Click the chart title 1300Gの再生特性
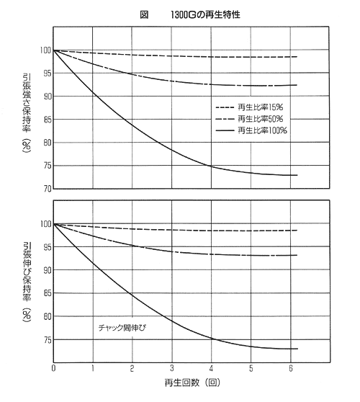(x=205, y=15)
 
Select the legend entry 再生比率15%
(x=261, y=107)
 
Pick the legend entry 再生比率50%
(x=261, y=119)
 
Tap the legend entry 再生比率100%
(x=262, y=130)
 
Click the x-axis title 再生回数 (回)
(x=192, y=383)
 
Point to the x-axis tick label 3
(x=171, y=368)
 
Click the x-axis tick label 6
(x=291, y=368)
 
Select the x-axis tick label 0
(x=53, y=368)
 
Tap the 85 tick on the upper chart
(x=47, y=120)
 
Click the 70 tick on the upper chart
(x=47, y=189)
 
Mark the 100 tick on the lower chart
(x=45, y=224)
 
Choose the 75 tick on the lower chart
(x=47, y=340)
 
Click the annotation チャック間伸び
(x=122, y=328)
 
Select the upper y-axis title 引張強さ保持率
(x=27, y=102)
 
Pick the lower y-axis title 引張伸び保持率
(x=27, y=272)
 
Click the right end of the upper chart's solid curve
(x=297, y=175)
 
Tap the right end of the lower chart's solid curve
(x=297, y=349)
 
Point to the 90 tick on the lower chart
(x=47, y=270)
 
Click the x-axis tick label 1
(x=93, y=368)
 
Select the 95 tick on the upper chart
(x=47, y=73)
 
